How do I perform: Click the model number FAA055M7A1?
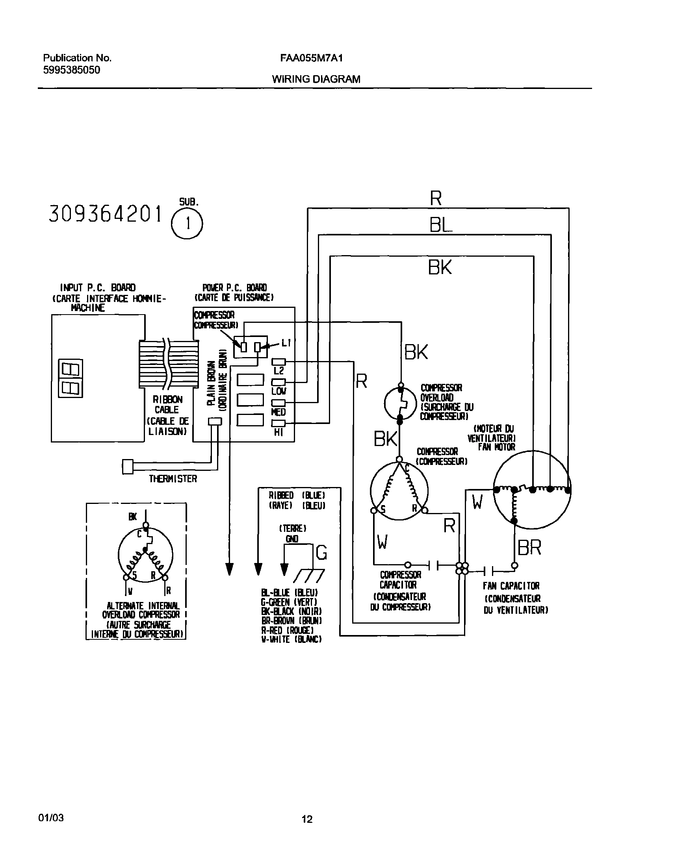(311, 58)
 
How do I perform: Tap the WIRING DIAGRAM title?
(316, 79)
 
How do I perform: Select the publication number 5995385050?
(71, 70)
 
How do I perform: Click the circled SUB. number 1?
(187, 224)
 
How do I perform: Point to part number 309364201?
(105, 215)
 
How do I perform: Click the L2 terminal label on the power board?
(279, 371)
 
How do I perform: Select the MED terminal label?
(278, 412)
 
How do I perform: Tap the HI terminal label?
(279, 433)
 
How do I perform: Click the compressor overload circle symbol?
(400, 404)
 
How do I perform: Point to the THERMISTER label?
(173, 479)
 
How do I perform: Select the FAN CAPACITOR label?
(511, 586)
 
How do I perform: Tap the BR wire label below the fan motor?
(529, 548)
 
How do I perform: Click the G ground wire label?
(321, 553)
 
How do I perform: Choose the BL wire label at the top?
(440, 226)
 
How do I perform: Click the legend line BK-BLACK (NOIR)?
(291, 611)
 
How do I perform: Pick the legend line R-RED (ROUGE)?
(287, 630)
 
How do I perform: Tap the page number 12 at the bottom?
(307, 819)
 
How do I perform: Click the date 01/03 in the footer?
(51, 818)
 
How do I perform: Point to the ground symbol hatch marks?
(308, 576)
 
